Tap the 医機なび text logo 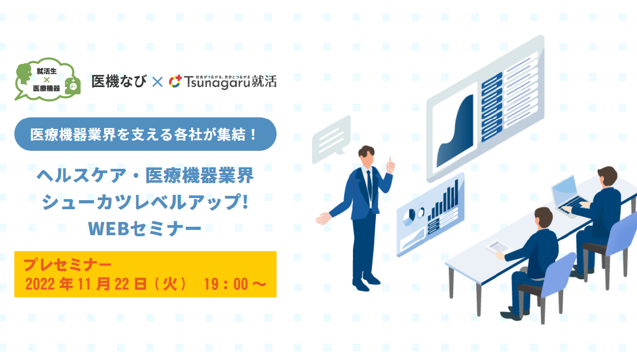[119, 81]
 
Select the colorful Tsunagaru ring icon [175, 81]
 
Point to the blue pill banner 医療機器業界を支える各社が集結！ [145, 134]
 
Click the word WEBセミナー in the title [144, 228]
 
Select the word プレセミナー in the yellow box [67, 264]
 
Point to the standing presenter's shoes [366, 282]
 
